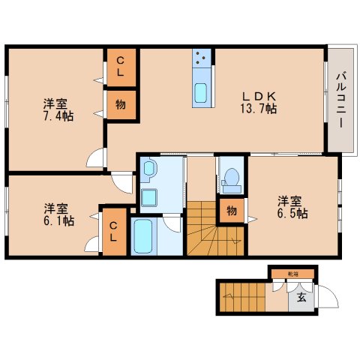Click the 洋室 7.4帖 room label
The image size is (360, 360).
[x=57, y=111]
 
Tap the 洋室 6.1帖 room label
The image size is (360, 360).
[x=58, y=214]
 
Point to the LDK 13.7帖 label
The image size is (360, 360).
[x=259, y=102]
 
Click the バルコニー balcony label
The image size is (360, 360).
[x=341, y=100]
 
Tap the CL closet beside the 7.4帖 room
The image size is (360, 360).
[x=121, y=68]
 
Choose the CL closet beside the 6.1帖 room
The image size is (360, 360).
[x=113, y=232]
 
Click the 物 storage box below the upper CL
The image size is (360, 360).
[x=121, y=106]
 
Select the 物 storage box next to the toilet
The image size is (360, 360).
[x=231, y=211]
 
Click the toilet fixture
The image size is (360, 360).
[x=231, y=179]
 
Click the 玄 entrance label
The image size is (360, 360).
[x=301, y=298]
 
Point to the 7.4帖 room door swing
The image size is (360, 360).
[x=96, y=158]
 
